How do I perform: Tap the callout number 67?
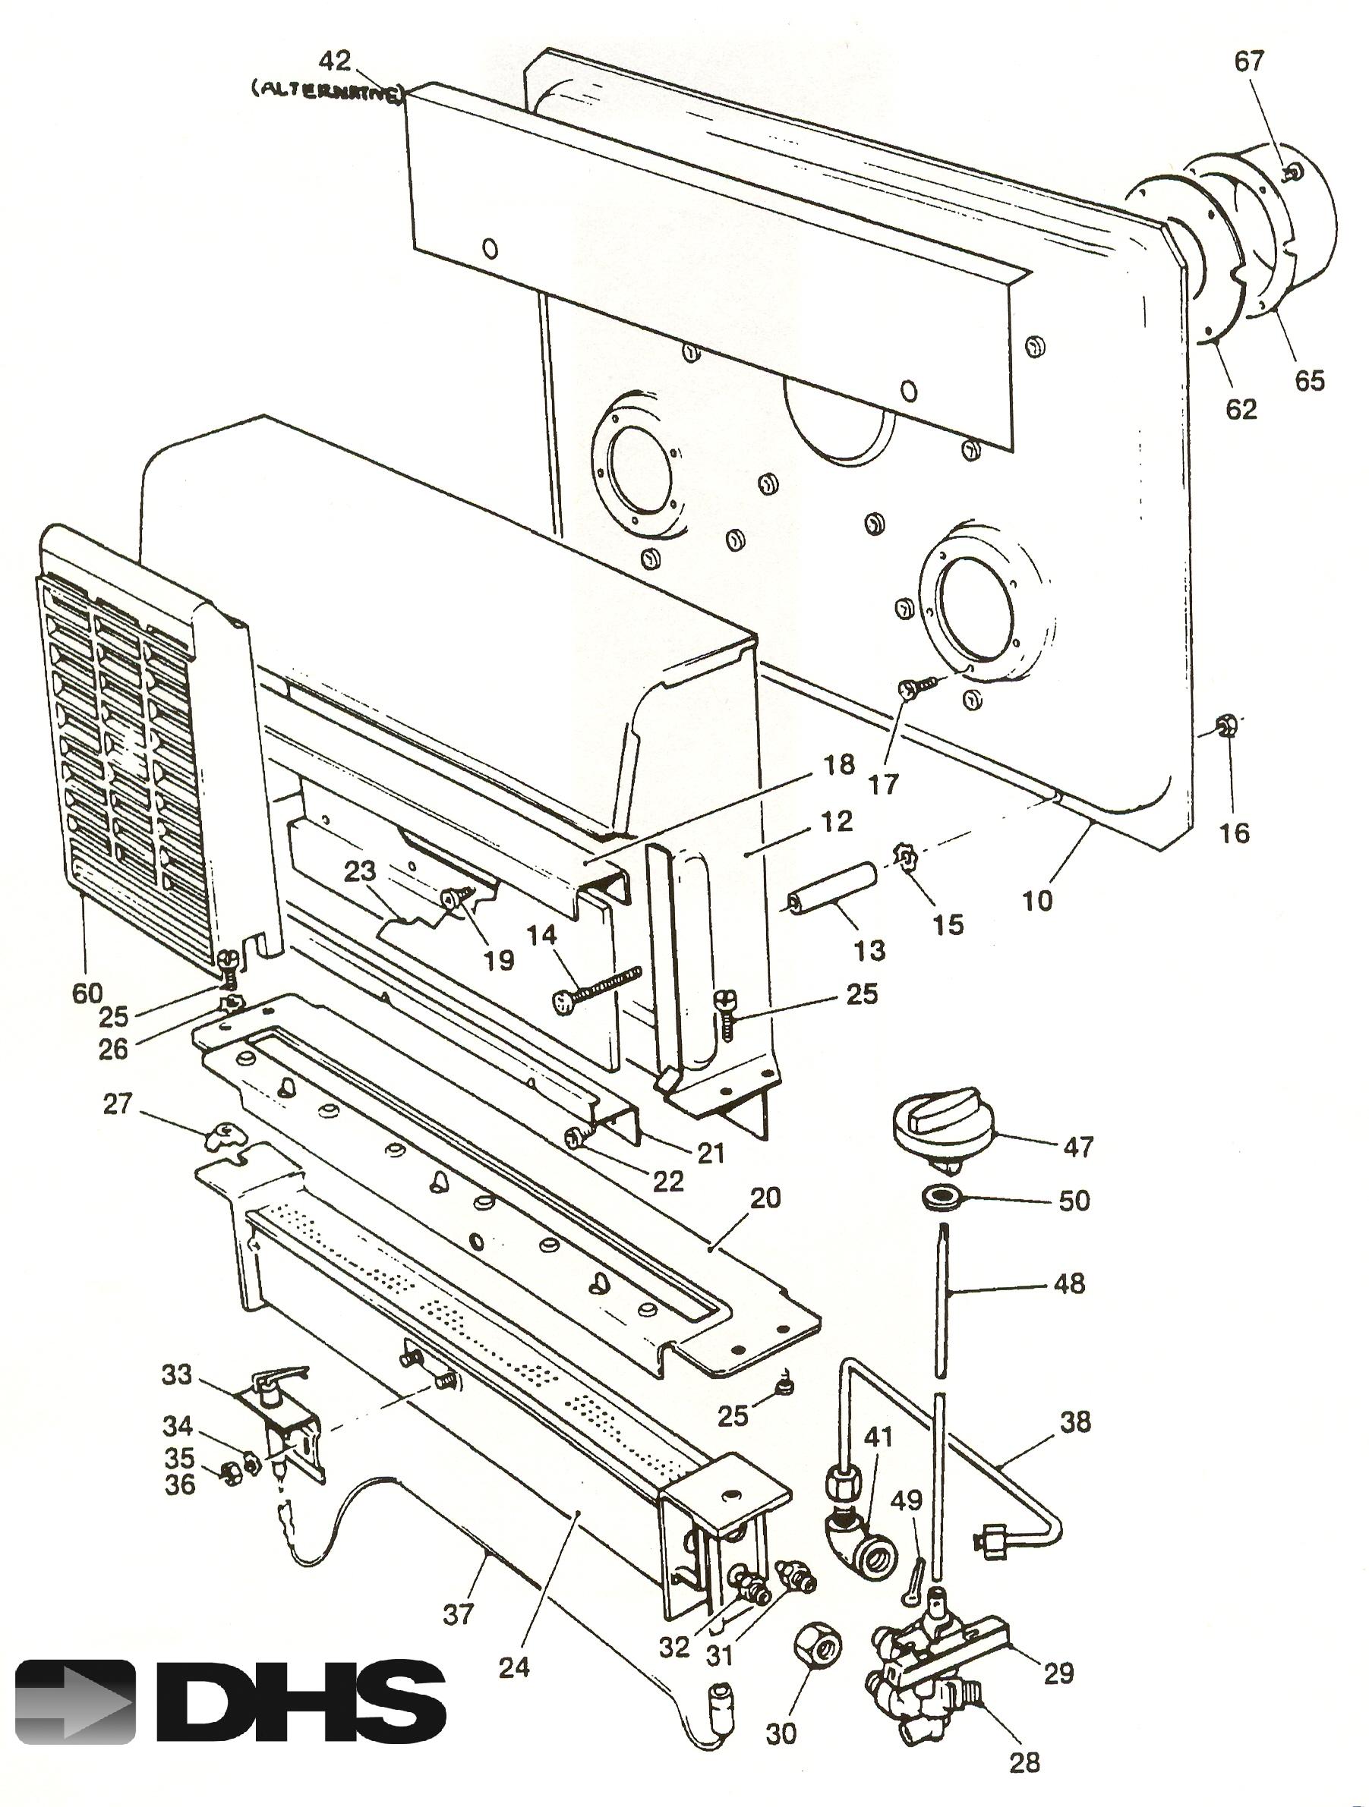click(1248, 61)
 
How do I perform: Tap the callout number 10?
click(1036, 900)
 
